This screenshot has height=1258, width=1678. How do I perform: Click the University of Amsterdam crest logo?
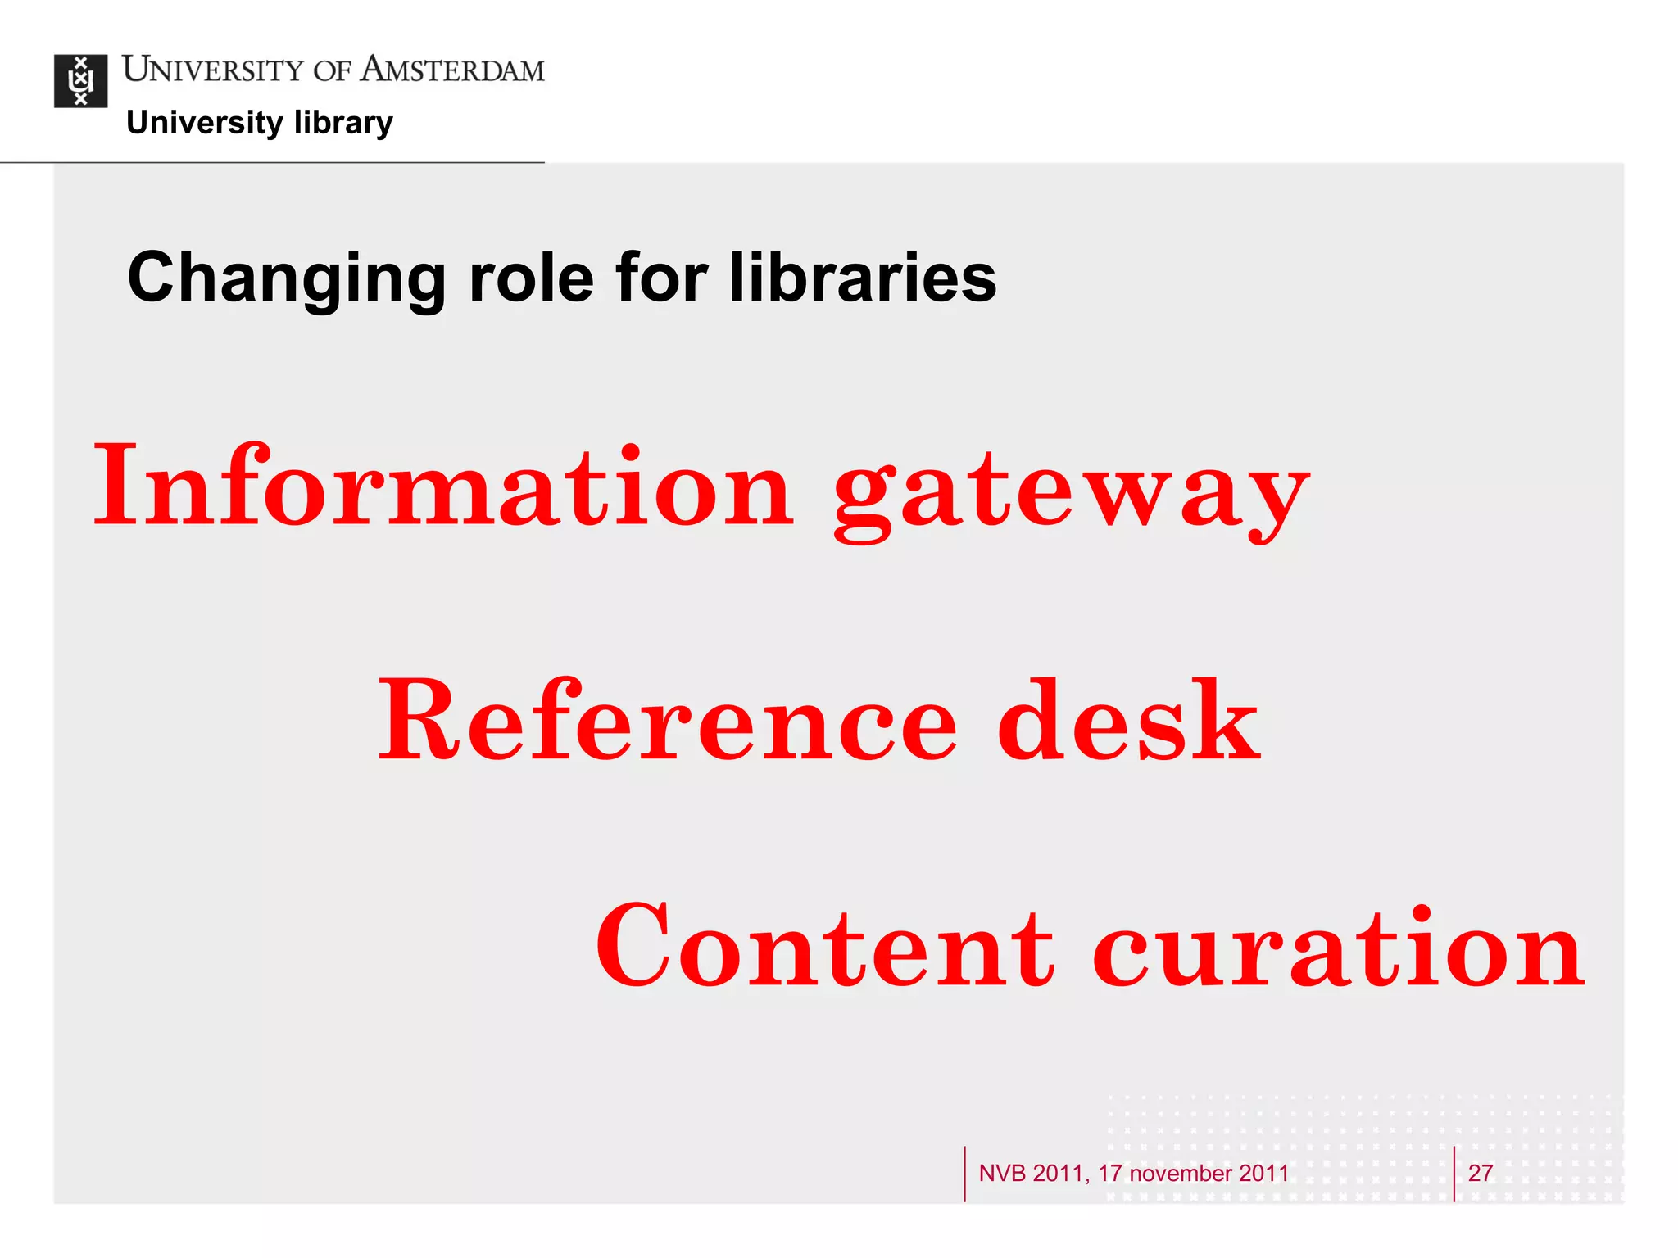[x=80, y=81]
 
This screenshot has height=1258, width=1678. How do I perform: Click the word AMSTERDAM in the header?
[x=452, y=70]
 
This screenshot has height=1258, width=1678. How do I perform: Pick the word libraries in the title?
[x=862, y=278]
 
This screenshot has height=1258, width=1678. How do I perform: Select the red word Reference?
[x=667, y=721]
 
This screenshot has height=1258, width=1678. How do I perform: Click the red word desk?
[x=1129, y=721]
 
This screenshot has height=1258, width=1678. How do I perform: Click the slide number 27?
[x=1480, y=1173]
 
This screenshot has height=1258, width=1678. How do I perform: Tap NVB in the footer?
[x=1002, y=1173]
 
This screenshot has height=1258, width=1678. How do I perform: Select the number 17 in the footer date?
[x=1109, y=1173]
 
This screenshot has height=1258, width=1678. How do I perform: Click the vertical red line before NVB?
[x=964, y=1173]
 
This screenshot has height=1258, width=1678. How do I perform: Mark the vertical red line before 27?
[x=1454, y=1173]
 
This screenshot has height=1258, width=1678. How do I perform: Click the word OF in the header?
[x=332, y=71]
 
